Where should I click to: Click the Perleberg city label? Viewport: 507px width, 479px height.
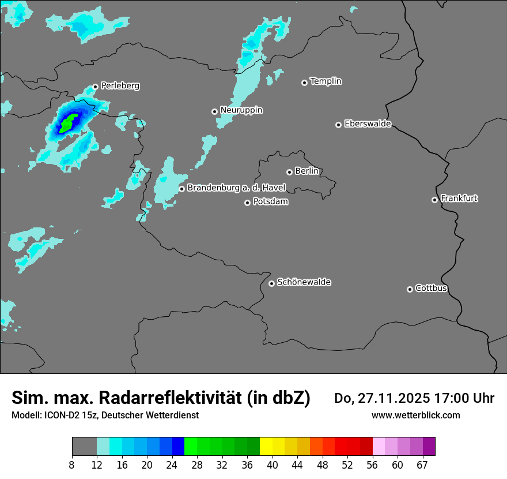pos(120,86)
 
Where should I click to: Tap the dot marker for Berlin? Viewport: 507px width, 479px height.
pos(289,172)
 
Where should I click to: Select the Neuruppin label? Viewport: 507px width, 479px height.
pos(241,110)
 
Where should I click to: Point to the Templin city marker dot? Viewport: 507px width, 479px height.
pos(304,83)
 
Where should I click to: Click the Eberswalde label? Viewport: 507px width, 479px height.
pos(368,124)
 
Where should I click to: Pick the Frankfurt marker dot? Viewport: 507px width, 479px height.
pos(434,200)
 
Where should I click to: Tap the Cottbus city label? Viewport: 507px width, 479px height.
pos(431,288)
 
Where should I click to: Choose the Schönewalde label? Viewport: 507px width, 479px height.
pos(304,282)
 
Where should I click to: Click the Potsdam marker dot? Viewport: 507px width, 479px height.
pos(247,203)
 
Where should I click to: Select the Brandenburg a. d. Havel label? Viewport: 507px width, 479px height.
pos(236,188)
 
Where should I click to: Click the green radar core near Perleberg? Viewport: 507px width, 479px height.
pos(70,121)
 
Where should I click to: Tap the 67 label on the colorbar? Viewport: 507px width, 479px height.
pos(422,465)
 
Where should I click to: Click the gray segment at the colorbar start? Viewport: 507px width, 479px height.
pos(84,447)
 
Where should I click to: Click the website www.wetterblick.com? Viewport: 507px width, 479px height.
pos(415,415)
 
